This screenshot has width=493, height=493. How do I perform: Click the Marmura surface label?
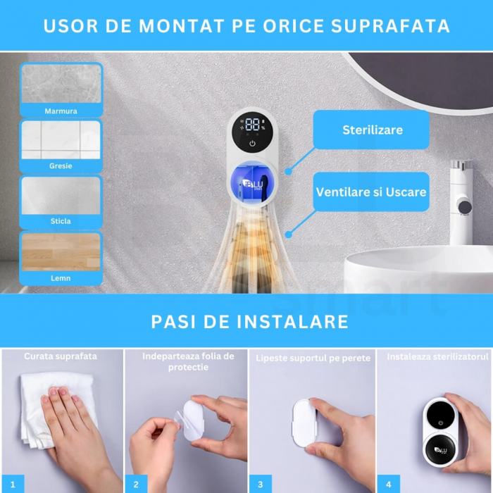(x=61, y=111)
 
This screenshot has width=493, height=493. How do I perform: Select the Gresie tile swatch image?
(x=61, y=139)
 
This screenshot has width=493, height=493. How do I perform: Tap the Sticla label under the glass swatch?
(x=61, y=221)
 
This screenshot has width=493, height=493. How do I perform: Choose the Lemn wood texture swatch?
(x=61, y=252)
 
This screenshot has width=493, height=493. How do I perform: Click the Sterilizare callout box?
(x=371, y=130)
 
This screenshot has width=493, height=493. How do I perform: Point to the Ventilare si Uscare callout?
(x=371, y=192)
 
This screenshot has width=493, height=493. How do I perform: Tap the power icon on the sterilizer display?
(x=252, y=144)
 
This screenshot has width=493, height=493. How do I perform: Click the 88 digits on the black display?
(x=252, y=125)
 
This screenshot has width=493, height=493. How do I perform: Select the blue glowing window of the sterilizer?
(x=252, y=184)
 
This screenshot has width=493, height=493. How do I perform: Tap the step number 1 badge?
(x=13, y=484)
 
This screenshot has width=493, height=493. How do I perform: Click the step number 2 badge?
(x=136, y=484)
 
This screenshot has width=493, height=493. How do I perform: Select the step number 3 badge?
(x=261, y=484)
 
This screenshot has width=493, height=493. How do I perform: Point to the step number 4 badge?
(x=389, y=484)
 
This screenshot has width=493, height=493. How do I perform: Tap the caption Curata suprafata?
(x=61, y=356)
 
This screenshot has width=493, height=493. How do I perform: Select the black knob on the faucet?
(x=465, y=206)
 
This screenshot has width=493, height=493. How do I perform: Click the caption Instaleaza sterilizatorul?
(x=437, y=356)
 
